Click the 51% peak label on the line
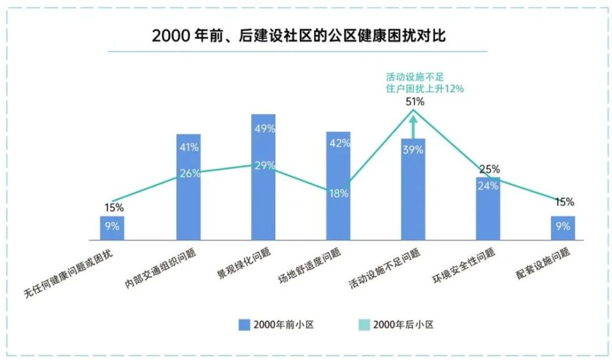pos(415,102)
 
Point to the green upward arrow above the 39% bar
pos(414,127)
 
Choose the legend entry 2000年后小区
pos(395,324)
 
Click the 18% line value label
pos(338,193)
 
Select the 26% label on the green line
pos(190,173)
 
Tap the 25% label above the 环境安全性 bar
pos(489,169)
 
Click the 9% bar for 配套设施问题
pos(562,227)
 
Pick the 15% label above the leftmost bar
pos(113,207)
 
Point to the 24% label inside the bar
pos(488,187)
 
